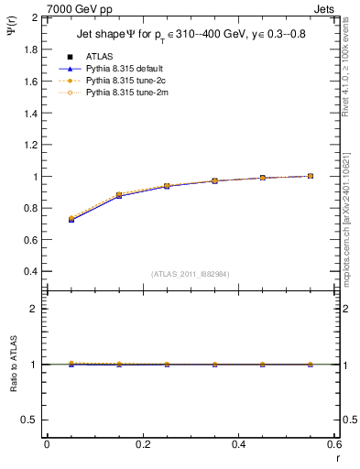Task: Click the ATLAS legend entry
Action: [x=99, y=56]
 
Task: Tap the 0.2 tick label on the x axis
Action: [x=142, y=444]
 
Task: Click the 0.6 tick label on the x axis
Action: [x=333, y=444]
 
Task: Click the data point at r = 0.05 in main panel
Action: [x=71, y=220]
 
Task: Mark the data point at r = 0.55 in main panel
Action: [x=311, y=176]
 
